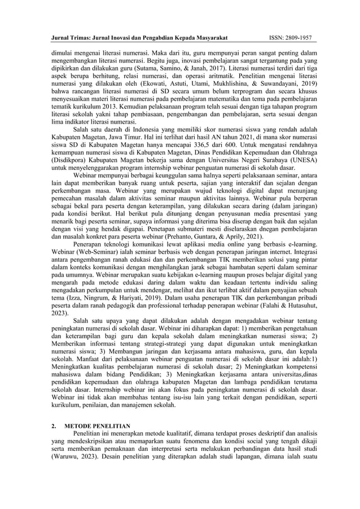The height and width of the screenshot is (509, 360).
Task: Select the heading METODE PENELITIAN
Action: point(98,425)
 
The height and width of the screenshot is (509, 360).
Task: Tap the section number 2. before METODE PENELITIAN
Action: point(54,425)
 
